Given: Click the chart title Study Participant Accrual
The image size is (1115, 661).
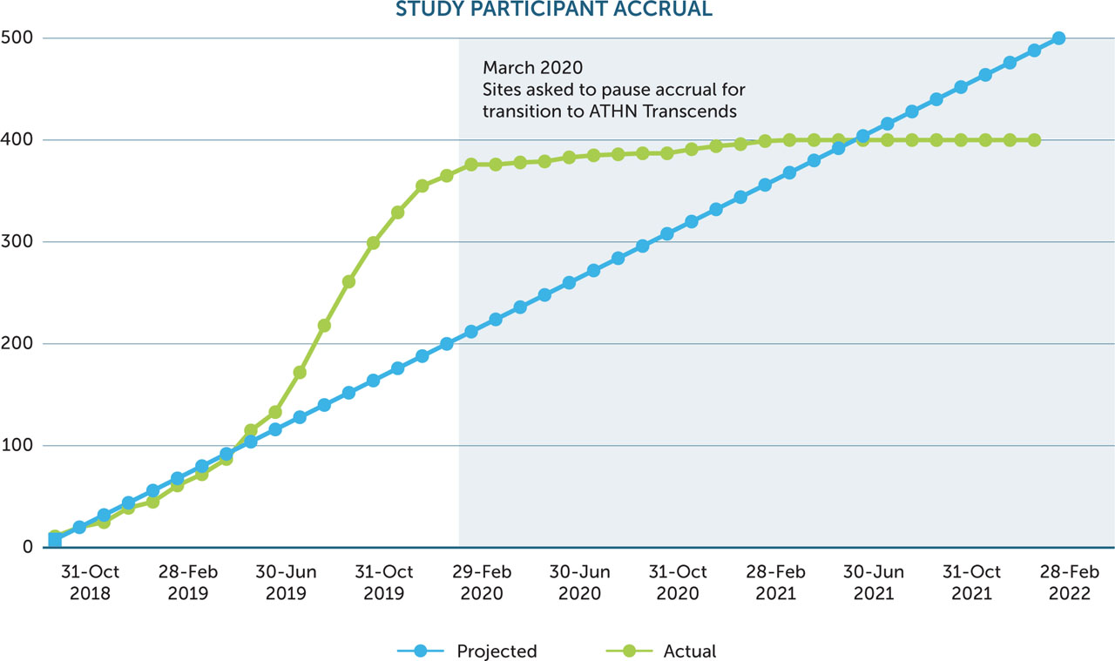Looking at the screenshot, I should (x=554, y=10).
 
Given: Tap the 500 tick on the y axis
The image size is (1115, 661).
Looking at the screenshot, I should (x=17, y=38).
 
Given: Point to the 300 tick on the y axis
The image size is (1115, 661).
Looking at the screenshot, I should (x=17, y=241).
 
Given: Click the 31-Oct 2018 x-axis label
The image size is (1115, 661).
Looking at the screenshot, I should (x=91, y=583).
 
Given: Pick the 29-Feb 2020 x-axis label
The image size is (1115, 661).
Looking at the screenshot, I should (x=481, y=583).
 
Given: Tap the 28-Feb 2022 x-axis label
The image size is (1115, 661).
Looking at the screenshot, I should (x=1069, y=583).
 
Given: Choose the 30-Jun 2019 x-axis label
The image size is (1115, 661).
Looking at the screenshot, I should (x=286, y=583).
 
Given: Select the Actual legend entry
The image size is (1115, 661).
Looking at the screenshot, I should (x=690, y=651).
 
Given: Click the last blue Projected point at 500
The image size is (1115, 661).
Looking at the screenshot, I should (x=1058, y=38).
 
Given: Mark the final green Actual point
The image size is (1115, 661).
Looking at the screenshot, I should (x=1034, y=140).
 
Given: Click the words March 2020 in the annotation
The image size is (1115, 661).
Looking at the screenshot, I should (x=533, y=68).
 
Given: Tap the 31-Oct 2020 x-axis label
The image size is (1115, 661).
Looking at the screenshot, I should (x=677, y=583).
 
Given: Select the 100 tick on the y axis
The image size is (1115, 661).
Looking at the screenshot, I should (x=17, y=446).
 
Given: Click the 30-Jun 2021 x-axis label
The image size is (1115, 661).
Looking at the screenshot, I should (x=874, y=583).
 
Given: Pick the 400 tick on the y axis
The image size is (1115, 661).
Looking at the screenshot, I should (x=17, y=140).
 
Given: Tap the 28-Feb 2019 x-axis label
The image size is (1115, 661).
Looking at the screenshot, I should (x=188, y=583).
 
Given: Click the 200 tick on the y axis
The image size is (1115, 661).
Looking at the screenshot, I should (x=17, y=344).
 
